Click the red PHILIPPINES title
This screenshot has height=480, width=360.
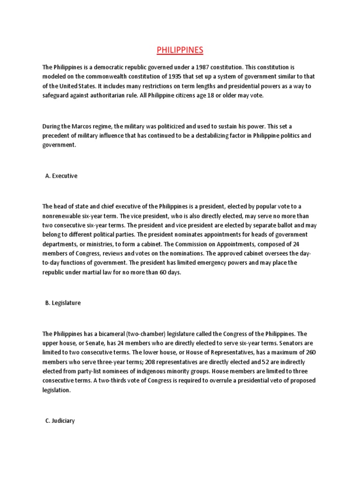coord(180,50)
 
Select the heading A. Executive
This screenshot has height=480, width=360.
coord(61,176)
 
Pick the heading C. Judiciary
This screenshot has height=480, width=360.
coord(60,420)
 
